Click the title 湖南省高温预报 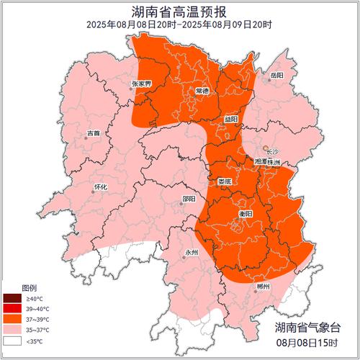179,11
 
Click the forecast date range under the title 179,24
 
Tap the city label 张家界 142,84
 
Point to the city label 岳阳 276,74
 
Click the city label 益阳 230,119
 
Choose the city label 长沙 271,152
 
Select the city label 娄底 225,181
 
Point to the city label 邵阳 189,199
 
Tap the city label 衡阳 245,214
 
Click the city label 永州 191,252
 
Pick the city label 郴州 262,287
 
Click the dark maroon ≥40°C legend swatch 12,298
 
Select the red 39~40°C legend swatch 12,309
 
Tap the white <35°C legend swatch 12,341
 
